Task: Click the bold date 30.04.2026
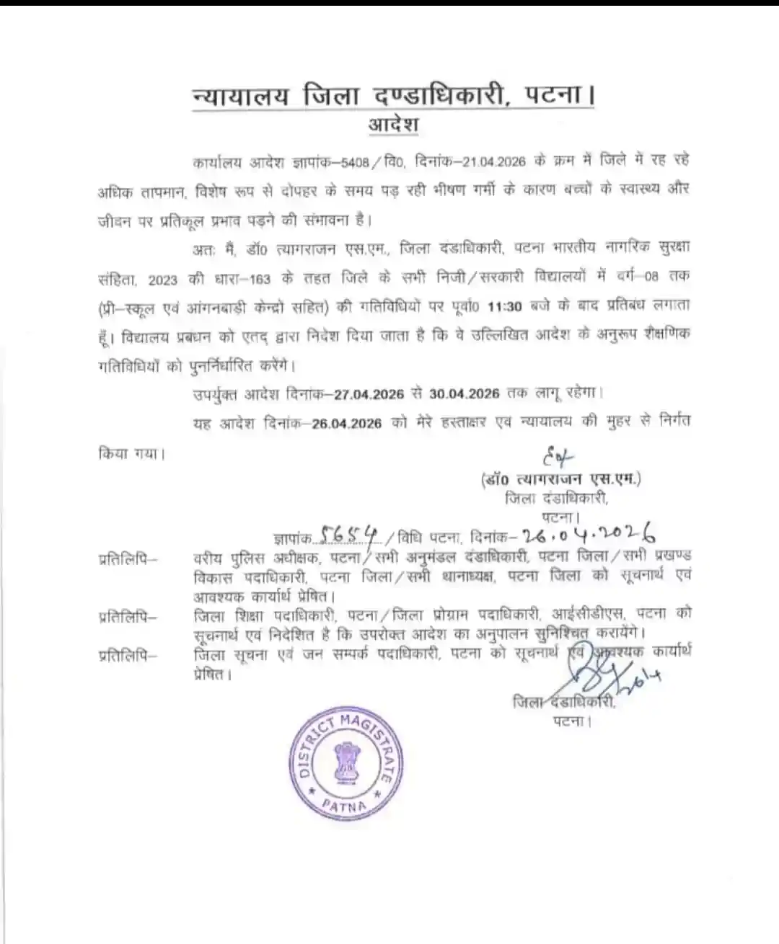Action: tap(465, 393)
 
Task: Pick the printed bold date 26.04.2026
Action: tap(347, 423)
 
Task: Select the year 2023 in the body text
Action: tap(162, 279)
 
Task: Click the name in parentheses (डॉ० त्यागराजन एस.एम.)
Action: tap(560, 479)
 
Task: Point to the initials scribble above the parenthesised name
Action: tap(555, 457)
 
